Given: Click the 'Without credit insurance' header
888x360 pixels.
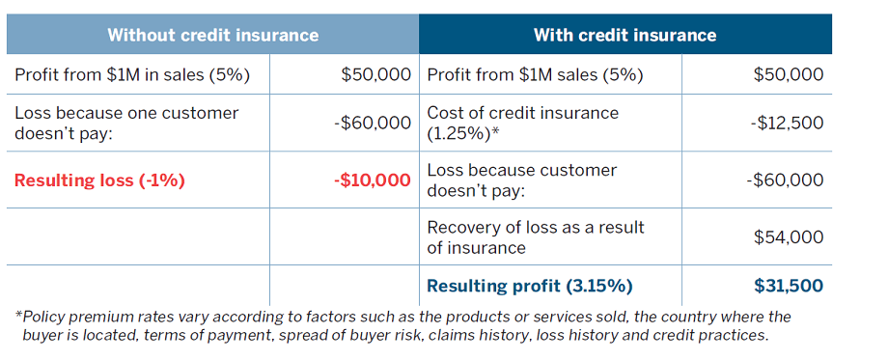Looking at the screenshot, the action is pos(213,35).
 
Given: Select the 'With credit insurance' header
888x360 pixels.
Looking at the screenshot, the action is pos(625,35).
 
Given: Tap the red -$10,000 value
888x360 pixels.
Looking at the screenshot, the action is pos(372,180).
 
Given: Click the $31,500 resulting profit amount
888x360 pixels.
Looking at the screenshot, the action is pos(789,286).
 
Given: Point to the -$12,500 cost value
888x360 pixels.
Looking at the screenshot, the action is pos(787,123).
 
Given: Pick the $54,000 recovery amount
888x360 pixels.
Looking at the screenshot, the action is pos(789,236).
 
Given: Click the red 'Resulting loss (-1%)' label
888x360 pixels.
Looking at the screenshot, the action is pos(99,180).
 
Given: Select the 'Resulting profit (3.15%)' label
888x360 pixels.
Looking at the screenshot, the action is pos(530,286).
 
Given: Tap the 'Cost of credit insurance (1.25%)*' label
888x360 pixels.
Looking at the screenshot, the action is pos(523,123).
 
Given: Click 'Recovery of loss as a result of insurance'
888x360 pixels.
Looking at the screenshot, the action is pos(535,237).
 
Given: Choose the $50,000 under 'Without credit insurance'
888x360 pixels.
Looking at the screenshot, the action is pos(376,74).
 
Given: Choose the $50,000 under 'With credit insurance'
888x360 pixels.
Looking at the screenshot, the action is pos(789,74).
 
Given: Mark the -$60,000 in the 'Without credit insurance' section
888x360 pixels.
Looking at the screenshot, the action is pos(372,123).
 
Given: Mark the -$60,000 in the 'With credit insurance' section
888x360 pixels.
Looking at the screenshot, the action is pos(785,180).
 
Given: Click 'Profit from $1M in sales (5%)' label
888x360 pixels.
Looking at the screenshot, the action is pos(132,75).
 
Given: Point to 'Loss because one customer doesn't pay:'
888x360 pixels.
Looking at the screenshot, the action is pos(126,123).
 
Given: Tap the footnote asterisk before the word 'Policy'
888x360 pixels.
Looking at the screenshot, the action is pos(18,314).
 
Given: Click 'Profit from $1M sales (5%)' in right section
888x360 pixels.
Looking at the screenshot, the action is pos(535,75).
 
